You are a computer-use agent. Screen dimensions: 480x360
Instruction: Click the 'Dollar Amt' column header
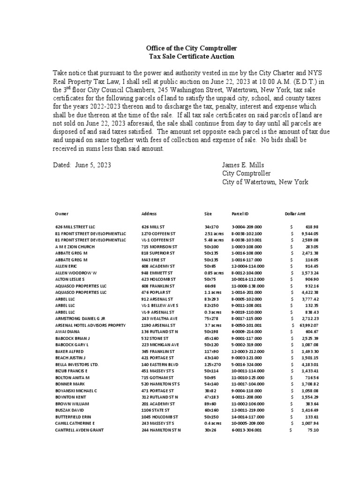coord(294,214)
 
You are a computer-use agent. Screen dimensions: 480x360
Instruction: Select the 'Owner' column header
coord(62,214)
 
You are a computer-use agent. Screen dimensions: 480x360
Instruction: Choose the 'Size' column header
coord(208,214)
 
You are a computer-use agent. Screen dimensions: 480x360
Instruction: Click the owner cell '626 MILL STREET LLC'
coord(75,226)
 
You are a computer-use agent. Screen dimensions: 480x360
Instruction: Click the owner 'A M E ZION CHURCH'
coord(75,246)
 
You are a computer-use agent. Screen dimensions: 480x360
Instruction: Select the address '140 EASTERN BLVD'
coord(159,364)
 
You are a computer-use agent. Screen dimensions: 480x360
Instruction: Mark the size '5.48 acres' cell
coord(215,240)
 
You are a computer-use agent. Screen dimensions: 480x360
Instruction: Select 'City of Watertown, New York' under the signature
coord(265,182)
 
